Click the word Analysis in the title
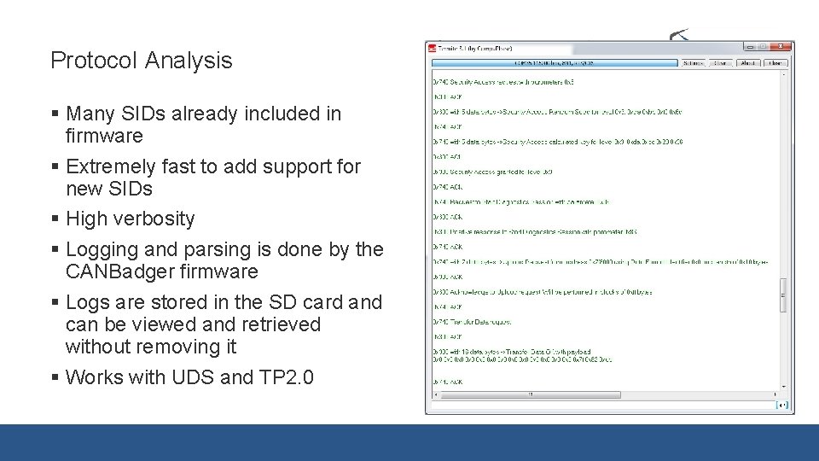coord(189,61)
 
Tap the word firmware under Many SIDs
coord(104,136)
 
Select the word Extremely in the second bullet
coord(111,166)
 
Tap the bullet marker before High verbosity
coord(55,219)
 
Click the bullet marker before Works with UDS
coord(55,377)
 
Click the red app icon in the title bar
coord(433,49)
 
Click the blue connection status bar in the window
coord(555,62)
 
